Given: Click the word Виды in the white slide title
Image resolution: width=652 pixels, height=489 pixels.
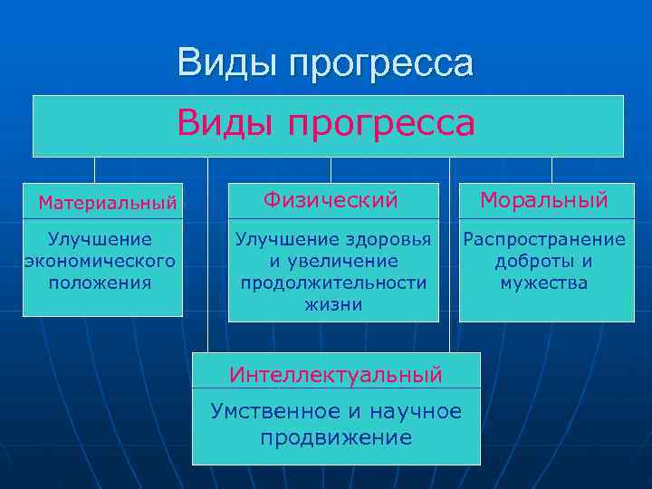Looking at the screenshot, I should pyautogui.click(x=225, y=63).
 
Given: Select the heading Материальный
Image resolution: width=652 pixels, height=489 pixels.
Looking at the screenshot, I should pyautogui.click(x=108, y=203).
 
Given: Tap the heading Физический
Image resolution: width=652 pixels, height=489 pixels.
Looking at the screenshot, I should pyautogui.click(x=331, y=199).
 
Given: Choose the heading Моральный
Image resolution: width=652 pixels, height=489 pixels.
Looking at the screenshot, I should pyautogui.click(x=543, y=199).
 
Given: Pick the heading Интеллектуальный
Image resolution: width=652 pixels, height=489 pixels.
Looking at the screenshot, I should pyautogui.click(x=336, y=373).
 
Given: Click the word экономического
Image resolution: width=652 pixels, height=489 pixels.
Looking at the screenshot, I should pyautogui.click(x=100, y=261).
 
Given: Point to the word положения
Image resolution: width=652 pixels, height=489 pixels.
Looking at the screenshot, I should pyautogui.click(x=100, y=283).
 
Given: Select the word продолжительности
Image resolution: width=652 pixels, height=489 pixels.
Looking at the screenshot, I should pyautogui.click(x=333, y=283).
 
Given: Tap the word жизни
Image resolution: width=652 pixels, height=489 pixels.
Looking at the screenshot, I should pyautogui.click(x=333, y=304).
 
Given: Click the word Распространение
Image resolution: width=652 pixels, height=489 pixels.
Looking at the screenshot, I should pyautogui.click(x=544, y=239).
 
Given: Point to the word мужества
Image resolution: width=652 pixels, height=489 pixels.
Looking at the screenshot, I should pyautogui.click(x=544, y=283).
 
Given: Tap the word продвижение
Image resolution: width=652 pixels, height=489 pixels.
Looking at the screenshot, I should pyautogui.click(x=336, y=438).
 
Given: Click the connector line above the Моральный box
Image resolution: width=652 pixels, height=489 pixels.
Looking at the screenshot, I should pyautogui.click(x=551, y=169).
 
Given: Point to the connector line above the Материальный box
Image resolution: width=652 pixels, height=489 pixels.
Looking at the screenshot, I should pyautogui.click(x=94, y=169).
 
